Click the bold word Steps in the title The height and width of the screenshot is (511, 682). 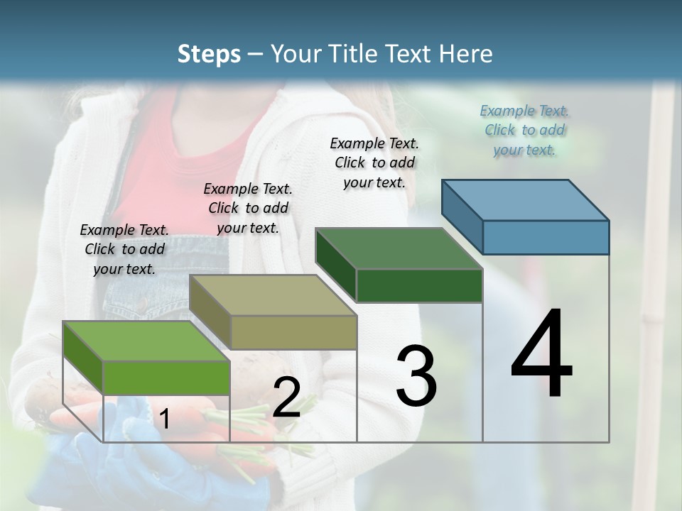[209, 54]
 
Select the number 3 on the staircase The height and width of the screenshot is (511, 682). [416, 376]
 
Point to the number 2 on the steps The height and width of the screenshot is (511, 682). [286, 397]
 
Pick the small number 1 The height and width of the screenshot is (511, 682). [164, 420]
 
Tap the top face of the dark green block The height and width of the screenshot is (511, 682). [399, 248]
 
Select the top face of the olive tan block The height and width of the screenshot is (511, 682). [273, 295]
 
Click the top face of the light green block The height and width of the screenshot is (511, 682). [147, 341]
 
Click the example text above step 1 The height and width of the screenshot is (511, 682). [124, 249]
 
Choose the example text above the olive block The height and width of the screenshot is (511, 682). [248, 208]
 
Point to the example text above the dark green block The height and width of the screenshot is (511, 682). [374, 163]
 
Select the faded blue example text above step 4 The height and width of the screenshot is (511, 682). [524, 130]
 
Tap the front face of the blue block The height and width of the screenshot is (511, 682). [546, 237]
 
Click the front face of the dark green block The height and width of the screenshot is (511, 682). [419, 285]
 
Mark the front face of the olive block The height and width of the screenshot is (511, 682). [293, 332]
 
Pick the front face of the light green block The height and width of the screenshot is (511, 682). [167, 378]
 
